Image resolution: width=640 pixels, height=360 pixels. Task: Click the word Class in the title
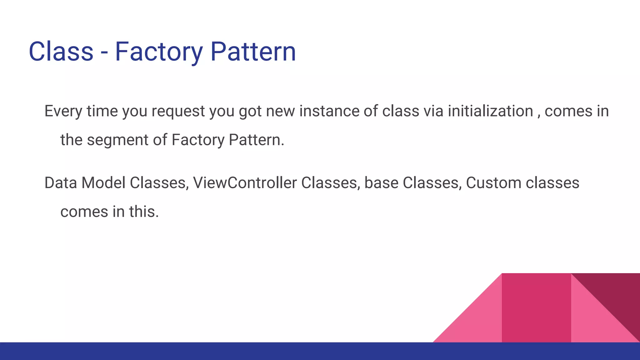point(61,52)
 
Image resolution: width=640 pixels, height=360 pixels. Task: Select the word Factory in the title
point(159,52)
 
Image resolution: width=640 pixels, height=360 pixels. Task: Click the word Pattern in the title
point(253,52)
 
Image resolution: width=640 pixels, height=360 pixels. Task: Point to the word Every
point(63,111)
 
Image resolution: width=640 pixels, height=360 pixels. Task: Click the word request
point(178,111)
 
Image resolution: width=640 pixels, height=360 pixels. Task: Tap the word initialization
point(490,111)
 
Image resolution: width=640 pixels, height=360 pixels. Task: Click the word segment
point(117,140)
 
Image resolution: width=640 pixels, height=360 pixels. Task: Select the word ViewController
point(245,183)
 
